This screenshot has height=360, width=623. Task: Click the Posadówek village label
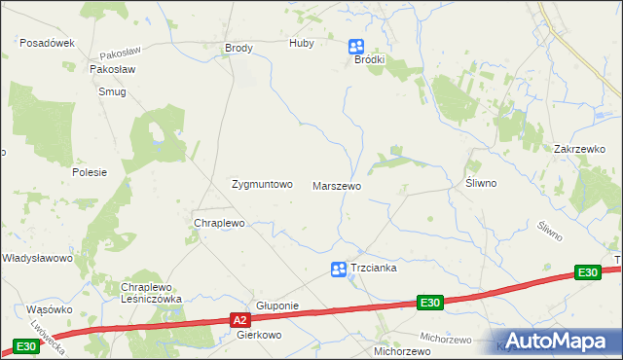tap(48, 43)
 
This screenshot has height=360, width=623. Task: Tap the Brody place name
tap(238, 48)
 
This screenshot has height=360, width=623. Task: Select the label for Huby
tap(303, 44)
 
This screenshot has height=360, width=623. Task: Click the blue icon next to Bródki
tap(356, 45)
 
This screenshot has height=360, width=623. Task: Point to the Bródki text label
tap(370, 59)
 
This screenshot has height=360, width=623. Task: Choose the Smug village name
tap(112, 91)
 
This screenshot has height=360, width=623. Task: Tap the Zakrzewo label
tap(579, 149)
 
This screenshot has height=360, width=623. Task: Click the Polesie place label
tap(89, 172)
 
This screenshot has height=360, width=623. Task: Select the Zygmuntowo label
tap(261, 184)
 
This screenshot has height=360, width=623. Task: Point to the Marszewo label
tap(337, 185)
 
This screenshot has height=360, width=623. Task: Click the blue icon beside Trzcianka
tap(338, 269)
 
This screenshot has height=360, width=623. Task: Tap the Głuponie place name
tap(276, 305)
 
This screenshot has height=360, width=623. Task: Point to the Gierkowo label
tap(259, 334)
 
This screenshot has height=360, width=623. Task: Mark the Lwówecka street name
tap(47, 334)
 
